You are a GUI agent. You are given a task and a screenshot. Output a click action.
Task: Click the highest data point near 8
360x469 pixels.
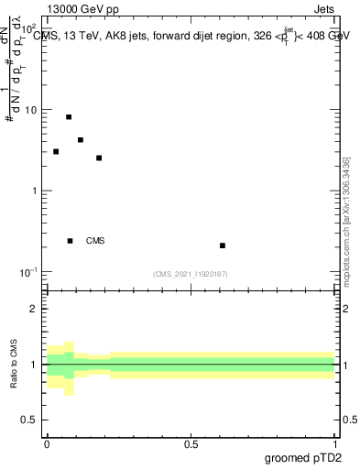click(69, 117)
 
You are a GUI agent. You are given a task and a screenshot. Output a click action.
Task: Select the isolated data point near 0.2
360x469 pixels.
click(223, 245)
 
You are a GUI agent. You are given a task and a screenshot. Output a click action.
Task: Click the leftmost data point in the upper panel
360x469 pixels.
click(56, 152)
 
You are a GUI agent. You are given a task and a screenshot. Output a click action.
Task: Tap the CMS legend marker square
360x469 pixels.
click(70, 241)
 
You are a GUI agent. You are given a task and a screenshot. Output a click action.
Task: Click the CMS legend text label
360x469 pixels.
click(95, 241)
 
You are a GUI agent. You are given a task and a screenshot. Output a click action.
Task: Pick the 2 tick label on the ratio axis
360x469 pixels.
click(35, 309)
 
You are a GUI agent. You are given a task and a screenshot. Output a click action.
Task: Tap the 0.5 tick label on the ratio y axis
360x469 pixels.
click(30, 420)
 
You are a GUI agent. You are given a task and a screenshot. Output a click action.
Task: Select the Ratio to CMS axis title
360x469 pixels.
click(15, 365)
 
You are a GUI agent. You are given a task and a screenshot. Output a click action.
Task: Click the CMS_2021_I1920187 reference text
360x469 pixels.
click(191, 274)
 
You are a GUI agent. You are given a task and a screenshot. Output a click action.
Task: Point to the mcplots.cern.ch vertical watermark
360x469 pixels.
click(346, 229)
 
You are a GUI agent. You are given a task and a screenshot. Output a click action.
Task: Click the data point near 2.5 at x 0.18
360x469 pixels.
click(99, 158)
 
